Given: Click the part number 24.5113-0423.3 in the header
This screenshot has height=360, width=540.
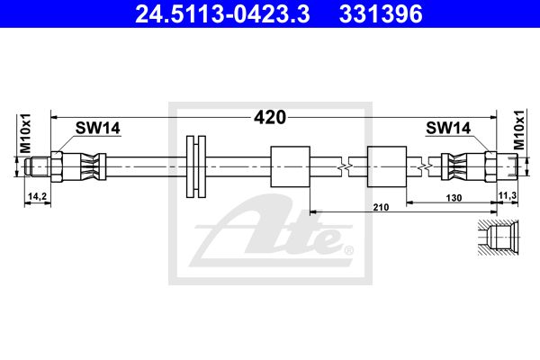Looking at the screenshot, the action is click(222, 14).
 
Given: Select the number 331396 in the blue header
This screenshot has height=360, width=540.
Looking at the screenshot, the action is click(381, 14).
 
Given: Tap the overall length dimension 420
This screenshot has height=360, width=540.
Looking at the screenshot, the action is click(270, 118).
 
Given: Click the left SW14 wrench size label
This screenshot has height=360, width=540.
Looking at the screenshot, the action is click(98, 128).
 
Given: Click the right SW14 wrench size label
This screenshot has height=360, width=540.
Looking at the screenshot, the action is click(448, 128).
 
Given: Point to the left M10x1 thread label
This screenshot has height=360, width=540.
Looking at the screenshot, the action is click(25, 133).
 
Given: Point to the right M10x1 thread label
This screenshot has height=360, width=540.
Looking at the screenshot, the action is click(519, 130).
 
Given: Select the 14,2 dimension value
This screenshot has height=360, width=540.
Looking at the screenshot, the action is click(37, 196).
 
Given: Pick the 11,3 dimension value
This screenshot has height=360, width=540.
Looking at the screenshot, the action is click(508, 195).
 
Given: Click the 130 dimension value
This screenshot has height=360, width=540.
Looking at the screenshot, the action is click(454, 198).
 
